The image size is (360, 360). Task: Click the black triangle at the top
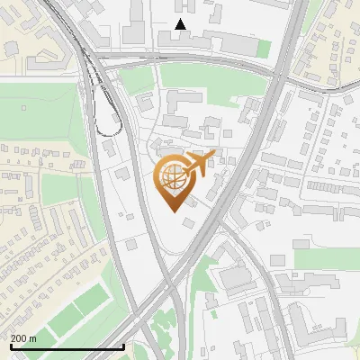[x=181, y=24]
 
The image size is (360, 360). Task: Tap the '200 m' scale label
[x=23, y=338]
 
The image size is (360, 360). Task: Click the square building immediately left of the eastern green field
[x=279, y=260]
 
